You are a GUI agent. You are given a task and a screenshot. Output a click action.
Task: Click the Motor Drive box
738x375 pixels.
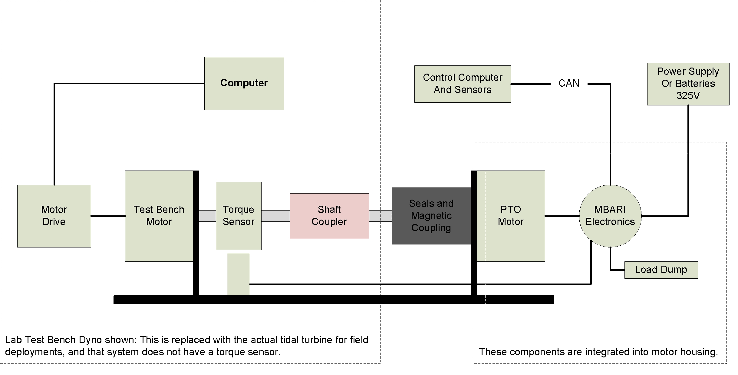(x=54, y=216)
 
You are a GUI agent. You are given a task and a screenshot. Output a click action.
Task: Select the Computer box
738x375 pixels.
(x=244, y=83)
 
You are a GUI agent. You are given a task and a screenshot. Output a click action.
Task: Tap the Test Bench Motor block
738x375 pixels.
(x=159, y=216)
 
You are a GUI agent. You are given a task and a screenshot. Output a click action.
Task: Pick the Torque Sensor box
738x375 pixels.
(x=239, y=216)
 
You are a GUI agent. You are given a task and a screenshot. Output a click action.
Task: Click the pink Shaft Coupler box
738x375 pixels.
(x=329, y=216)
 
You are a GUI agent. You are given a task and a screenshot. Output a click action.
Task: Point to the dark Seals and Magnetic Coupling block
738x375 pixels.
(x=432, y=216)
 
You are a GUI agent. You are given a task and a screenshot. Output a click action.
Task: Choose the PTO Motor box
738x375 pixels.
(x=511, y=216)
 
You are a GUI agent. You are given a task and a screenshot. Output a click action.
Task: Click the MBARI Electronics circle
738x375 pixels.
(x=610, y=216)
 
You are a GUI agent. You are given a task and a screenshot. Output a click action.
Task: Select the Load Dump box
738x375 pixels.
(x=661, y=270)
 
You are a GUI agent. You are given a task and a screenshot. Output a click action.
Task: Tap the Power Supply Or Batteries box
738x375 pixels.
(x=688, y=84)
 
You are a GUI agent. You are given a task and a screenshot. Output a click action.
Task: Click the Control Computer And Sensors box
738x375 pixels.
(x=463, y=84)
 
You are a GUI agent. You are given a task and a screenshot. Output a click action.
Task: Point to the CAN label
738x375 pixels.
(x=569, y=83)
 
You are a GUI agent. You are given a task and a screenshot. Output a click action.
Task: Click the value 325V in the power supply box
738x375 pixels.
(x=688, y=96)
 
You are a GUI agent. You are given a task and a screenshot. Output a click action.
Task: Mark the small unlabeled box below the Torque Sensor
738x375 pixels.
(x=239, y=274)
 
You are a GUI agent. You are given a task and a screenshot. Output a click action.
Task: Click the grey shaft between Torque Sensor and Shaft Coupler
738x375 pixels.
(x=275, y=216)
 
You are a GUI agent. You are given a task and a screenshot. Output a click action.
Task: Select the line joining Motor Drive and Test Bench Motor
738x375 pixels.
(x=108, y=216)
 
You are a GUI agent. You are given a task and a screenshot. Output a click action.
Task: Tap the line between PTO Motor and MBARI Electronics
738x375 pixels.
(x=562, y=216)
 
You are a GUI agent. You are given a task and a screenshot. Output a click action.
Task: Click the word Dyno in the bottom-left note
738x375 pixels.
(x=90, y=340)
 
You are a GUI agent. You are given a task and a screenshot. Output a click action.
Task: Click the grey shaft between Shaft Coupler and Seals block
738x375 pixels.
(x=381, y=216)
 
